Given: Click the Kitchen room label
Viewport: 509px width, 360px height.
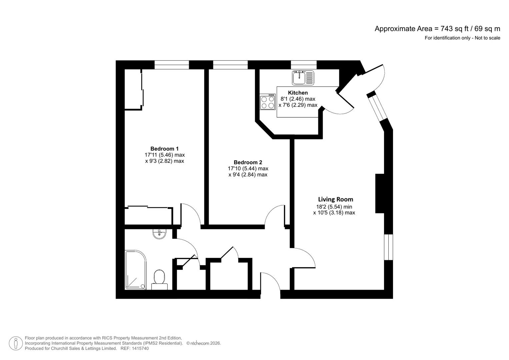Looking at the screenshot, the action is [298, 93].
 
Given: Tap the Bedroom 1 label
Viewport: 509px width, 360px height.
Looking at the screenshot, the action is [165, 149].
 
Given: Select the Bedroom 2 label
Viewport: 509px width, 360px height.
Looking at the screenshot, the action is [248, 162].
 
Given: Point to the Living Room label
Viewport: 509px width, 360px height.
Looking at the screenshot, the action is [335, 199].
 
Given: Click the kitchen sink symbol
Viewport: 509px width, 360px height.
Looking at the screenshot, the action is [303, 78].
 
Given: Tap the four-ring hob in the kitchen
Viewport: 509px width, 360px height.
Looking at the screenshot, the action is [268, 102].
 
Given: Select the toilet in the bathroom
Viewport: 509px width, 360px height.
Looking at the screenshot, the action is [159, 280].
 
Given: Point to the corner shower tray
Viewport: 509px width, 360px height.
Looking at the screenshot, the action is [136, 270].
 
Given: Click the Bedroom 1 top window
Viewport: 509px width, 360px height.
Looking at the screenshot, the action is [172, 65].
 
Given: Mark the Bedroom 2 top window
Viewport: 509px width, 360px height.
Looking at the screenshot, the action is [230, 65].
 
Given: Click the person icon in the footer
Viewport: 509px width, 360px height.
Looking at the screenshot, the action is [16, 343].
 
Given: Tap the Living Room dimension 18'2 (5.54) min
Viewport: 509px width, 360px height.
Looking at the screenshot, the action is [334, 207].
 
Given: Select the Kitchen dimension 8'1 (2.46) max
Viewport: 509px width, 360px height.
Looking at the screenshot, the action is [298, 99].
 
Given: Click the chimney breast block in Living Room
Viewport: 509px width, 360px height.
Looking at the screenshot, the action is [380, 193].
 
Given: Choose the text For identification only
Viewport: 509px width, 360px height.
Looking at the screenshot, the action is [447, 38].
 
